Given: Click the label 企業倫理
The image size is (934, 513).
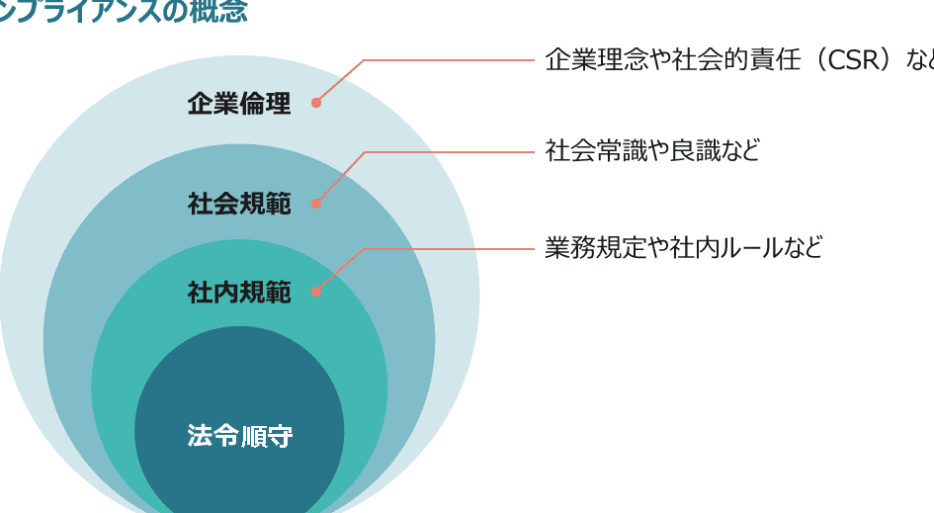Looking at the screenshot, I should click(x=239, y=104).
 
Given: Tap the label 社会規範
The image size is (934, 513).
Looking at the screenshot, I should click(x=239, y=205).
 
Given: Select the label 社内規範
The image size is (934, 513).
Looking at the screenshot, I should click(x=239, y=293).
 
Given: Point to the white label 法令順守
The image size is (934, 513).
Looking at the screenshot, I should click(x=239, y=436).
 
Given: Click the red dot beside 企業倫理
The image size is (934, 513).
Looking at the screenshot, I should click(x=316, y=102).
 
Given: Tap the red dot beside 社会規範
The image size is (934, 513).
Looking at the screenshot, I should click(x=316, y=204).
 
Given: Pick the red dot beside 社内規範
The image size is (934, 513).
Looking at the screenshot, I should click(x=316, y=291).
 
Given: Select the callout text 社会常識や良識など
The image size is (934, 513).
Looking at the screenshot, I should click(x=652, y=151).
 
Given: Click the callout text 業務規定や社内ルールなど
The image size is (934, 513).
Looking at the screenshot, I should click(x=683, y=247).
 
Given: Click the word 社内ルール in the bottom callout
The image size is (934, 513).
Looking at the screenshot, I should click(x=721, y=247).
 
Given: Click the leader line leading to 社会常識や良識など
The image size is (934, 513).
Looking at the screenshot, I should click(x=445, y=152).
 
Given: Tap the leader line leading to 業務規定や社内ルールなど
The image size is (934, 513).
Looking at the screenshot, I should click(x=445, y=249).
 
